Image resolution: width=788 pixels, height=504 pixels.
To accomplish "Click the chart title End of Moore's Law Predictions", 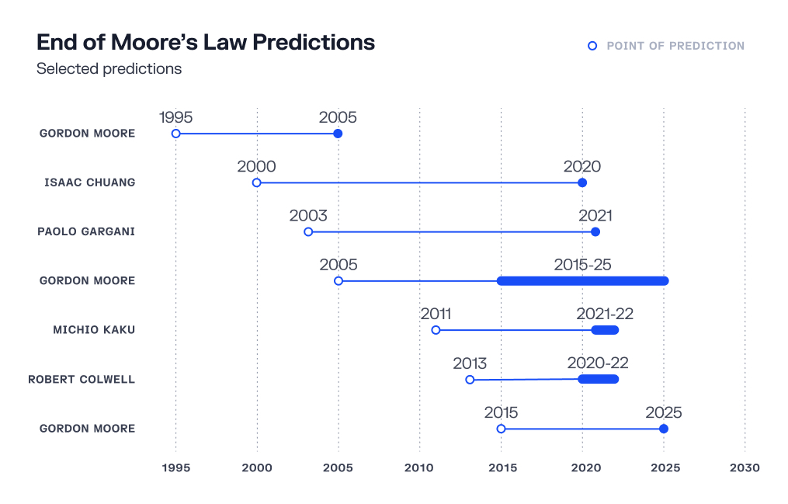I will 206,42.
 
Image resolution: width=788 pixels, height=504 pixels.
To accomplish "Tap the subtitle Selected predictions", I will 109,68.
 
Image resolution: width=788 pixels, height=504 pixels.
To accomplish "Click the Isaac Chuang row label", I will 90,182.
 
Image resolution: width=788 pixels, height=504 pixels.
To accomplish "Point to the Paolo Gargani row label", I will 86,231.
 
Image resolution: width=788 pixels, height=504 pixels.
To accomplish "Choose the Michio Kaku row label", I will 94,330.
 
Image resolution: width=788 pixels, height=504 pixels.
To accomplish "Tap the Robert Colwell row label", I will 82,380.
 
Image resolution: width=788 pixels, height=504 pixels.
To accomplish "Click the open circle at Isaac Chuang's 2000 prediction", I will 257,182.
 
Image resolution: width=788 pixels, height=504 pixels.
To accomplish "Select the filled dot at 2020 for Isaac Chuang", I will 582,182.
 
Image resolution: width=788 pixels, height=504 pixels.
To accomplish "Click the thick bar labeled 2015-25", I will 582,280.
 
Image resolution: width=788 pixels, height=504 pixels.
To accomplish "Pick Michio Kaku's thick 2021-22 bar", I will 605,330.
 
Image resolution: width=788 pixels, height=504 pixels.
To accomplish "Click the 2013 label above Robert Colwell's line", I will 470,363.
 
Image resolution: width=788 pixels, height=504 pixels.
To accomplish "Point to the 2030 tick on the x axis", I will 745,468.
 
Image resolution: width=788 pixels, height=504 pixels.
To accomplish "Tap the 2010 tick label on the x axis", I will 419,468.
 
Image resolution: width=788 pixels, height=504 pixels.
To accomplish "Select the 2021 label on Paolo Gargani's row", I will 595,215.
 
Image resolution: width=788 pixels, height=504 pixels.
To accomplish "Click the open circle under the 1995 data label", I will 176,134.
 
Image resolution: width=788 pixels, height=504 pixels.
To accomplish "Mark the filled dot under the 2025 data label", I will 664,429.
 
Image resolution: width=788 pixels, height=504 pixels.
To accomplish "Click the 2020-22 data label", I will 598,363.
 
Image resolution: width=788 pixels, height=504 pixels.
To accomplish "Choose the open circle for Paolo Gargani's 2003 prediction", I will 308,231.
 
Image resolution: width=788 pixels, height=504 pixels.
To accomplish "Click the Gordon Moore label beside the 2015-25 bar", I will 87,280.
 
